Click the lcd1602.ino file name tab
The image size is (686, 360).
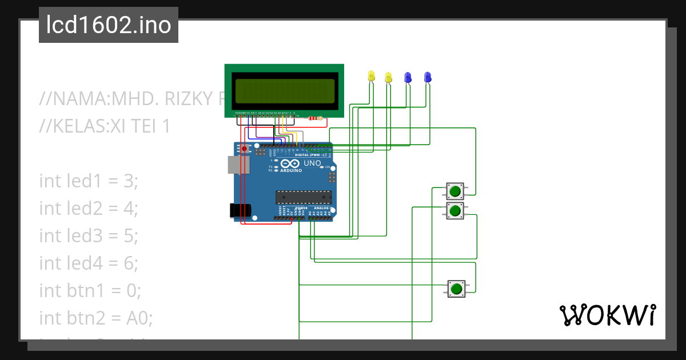point(109,26)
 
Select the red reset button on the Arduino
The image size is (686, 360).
point(245,149)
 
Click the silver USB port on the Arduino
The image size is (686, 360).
point(234,165)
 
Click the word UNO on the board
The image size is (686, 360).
point(312,163)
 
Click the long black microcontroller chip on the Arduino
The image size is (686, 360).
point(303,197)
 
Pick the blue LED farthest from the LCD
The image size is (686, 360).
point(427,77)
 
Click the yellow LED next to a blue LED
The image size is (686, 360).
point(389,77)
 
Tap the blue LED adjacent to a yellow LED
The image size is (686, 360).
point(408,77)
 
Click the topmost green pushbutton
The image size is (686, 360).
point(455,191)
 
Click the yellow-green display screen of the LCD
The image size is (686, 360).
point(284,90)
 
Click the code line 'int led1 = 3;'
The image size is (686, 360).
point(89,181)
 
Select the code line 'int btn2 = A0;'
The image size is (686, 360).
point(96,318)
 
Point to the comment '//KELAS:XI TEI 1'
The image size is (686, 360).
point(105,126)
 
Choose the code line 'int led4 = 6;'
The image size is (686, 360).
point(89,263)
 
